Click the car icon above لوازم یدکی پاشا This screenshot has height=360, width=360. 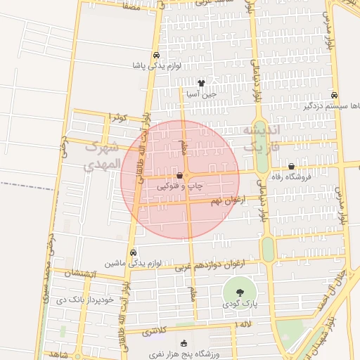[156, 55]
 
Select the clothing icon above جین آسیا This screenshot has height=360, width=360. [201, 83]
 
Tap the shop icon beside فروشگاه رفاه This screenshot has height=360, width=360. [292, 167]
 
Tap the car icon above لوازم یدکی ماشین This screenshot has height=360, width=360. [133, 252]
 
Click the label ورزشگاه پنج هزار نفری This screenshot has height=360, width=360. [184, 354]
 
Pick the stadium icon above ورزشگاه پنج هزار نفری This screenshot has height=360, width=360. [184, 343]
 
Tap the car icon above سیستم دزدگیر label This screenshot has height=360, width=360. [333, 96]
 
